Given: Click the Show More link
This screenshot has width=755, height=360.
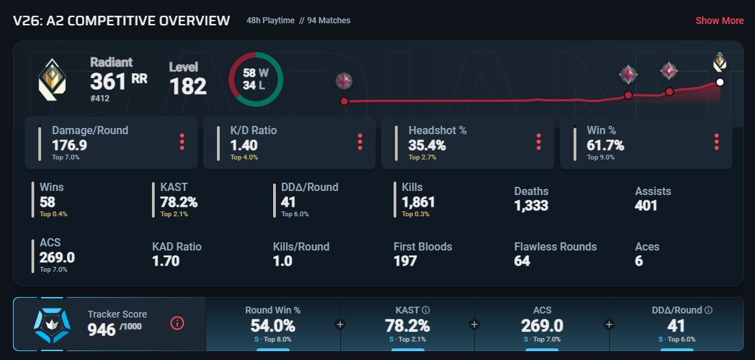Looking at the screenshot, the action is pyautogui.click(x=719, y=21).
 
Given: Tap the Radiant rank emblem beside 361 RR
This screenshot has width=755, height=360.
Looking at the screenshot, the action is pyautogui.click(x=52, y=79).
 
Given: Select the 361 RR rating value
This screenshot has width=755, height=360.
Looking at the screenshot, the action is pyautogui.click(x=118, y=81).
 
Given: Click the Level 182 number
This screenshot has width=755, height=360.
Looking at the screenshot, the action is pyautogui.click(x=188, y=87).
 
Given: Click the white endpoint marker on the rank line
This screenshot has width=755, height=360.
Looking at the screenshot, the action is pyautogui.click(x=720, y=82).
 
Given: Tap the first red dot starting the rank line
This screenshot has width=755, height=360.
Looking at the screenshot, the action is pyautogui.click(x=344, y=101).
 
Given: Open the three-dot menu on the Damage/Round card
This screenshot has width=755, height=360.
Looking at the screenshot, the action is pyautogui.click(x=182, y=142).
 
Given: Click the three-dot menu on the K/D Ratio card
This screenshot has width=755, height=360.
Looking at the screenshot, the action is pyautogui.click(x=360, y=142).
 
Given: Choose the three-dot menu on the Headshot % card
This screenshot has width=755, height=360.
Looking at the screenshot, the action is pyautogui.click(x=538, y=142).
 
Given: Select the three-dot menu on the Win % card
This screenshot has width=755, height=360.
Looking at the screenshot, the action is pyautogui.click(x=717, y=142).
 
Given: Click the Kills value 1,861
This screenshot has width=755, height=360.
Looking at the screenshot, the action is pyautogui.click(x=418, y=202).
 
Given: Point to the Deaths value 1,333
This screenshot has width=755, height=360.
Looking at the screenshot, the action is pyautogui.click(x=531, y=205).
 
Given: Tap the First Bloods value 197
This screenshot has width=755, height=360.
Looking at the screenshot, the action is pyautogui.click(x=405, y=261).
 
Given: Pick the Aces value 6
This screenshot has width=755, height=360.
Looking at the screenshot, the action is pyautogui.click(x=639, y=261).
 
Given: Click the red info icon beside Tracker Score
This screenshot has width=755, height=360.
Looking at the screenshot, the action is pyautogui.click(x=177, y=324).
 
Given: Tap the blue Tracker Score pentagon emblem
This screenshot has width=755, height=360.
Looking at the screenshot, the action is pyautogui.click(x=52, y=326).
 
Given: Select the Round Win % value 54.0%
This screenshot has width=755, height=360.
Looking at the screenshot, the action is pyautogui.click(x=272, y=326).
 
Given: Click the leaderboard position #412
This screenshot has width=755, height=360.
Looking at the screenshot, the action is pyautogui.click(x=100, y=98).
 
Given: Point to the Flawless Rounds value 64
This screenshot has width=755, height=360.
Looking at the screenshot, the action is pyautogui.click(x=522, y=261).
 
